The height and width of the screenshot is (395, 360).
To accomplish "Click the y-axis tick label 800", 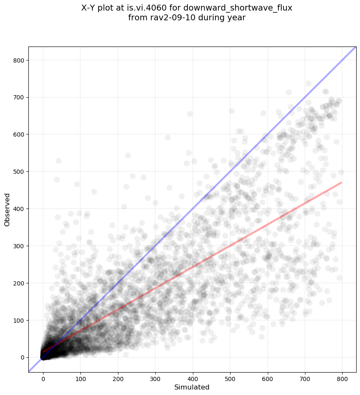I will click(18, 60).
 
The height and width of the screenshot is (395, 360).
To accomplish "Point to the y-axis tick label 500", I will click(18, 172).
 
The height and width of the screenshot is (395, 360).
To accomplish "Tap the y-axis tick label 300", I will click(18, 246).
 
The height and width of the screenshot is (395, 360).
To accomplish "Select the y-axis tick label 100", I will click(18, 321).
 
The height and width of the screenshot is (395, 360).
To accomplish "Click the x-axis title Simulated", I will click(192, 387).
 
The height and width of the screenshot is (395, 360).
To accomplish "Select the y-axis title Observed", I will click(7, 209).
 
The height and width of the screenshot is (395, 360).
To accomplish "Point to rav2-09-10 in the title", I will click(165, 18).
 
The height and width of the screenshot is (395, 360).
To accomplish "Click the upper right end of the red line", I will click(341, 183).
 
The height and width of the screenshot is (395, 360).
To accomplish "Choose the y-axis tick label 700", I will click(18, 98).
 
